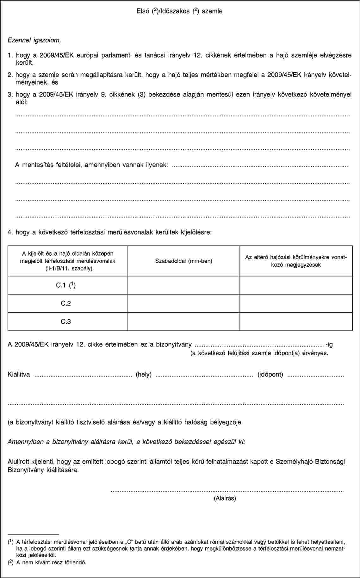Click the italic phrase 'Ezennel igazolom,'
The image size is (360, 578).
(x=34, y=40)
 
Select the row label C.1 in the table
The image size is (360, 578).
(x=66, y=285)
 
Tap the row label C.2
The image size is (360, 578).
(x=66, y=303)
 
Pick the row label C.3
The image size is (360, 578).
(x=66, y=321)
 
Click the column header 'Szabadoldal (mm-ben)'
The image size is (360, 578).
(x=184, y=261)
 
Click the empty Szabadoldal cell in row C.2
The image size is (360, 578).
(x=184, y=303)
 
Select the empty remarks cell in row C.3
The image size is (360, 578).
(x=296, y=321)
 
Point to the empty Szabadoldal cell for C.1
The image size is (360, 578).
(x=184, y=285)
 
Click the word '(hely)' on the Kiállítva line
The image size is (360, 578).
(x=144, y=375)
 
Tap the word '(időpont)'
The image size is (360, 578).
(x=270, y=375)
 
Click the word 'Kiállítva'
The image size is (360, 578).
(x=19, y=375)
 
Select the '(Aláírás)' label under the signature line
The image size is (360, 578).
(x=225, y=498)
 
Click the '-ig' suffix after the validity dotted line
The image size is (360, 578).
(x=329, y=344)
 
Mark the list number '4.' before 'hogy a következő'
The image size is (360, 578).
(x=10, y=233)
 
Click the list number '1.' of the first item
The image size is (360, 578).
(x=10, y=55)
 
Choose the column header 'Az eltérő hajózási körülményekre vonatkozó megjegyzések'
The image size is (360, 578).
(x=296, y=261)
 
